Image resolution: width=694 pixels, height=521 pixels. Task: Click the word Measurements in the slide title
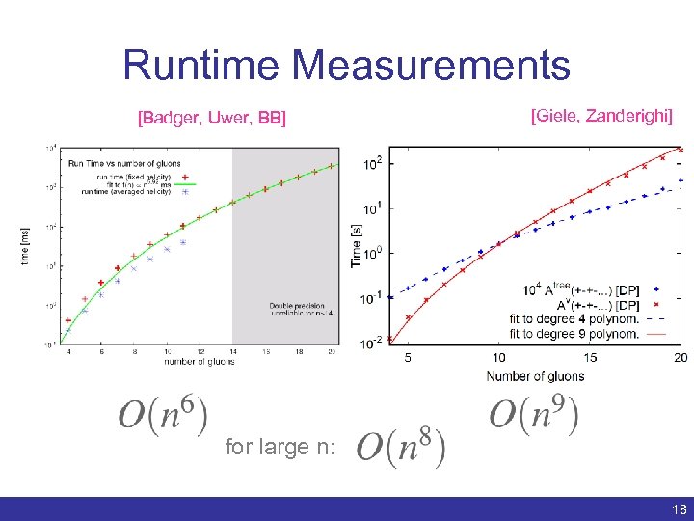pyautogui.click(x=432, y=66)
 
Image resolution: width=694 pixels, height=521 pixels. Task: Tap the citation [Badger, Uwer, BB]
pyautogui.click(x=212, y=119)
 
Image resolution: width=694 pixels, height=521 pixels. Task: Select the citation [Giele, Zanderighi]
pyautogui.click(x=601, y=116)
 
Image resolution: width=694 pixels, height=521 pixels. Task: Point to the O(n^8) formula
pyautogui.click(x=400, y=446)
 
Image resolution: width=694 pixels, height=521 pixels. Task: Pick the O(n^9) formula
pyautogui.click(x=533, y=414)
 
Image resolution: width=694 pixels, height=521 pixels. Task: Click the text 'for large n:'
pyautogui.click(x=280, y=447)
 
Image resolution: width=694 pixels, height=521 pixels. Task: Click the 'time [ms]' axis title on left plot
pyautogui.click(x=26, y=246)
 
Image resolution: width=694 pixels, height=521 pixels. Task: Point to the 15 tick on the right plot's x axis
pyautogui.click(x=590, y=358)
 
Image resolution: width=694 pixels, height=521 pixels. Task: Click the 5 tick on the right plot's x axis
pyautogui.click(x=409, y=358)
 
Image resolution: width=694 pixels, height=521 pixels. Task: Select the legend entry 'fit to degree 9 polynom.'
pyautogui.click(x=574, y=334)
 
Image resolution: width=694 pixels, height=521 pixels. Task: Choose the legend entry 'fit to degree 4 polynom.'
pyautogui.click(x=574, y=319)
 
